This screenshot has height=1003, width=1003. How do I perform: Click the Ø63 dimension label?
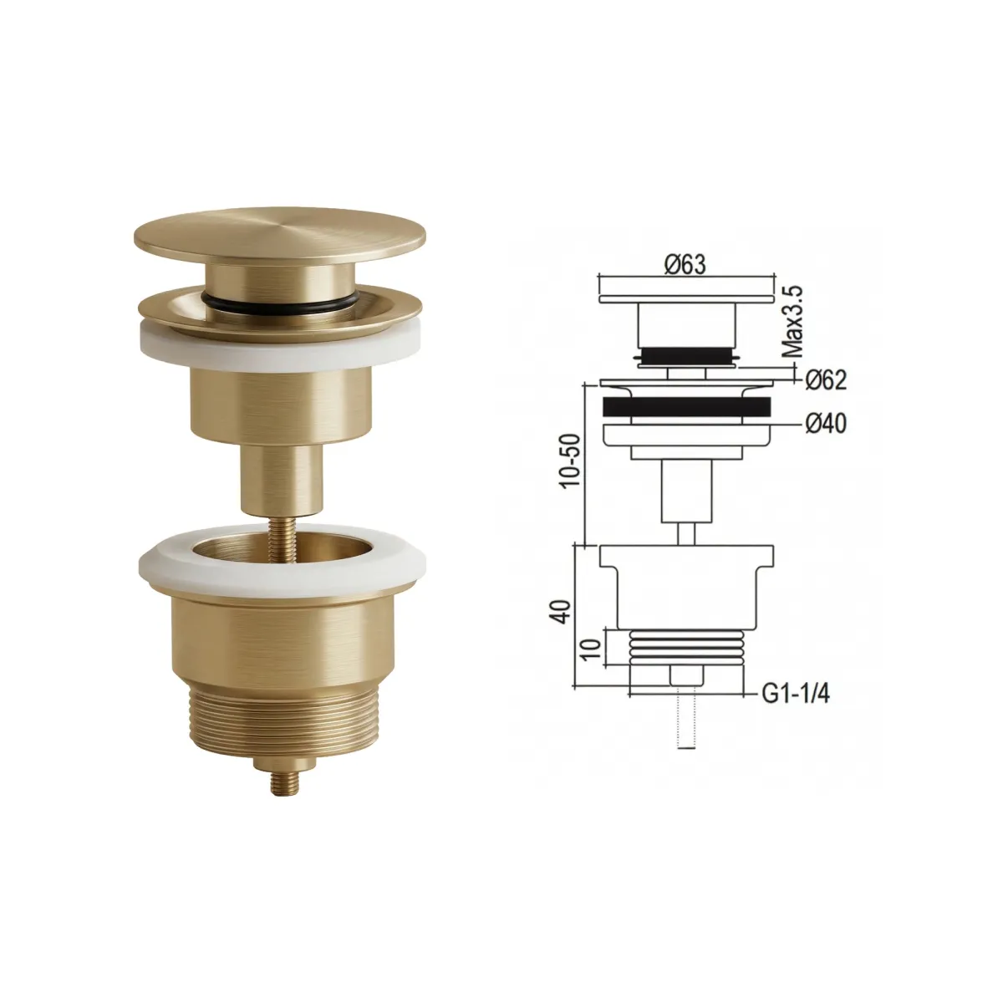click(x=685, y=265)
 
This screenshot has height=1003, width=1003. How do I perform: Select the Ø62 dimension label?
click(x=827, y=380)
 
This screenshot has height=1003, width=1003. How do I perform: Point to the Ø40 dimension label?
click(x=827, y=425)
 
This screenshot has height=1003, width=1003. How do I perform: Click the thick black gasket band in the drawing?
click(x=685, y=408)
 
